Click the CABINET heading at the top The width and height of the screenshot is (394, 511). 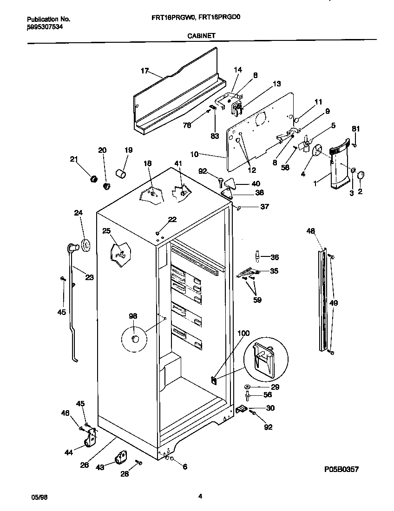coord(201,35)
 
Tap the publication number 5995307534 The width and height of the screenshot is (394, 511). coord(45,27)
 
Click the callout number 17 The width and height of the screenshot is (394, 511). coord(144,71)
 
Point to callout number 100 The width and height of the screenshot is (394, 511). coord(243,333)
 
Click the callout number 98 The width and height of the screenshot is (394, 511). coord(133,316)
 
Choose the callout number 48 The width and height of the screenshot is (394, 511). coord(311,230)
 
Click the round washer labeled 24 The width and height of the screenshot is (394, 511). coord(85,245)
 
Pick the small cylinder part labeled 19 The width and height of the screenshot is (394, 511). coord(121,174)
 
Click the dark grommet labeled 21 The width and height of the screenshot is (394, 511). coord(92,179)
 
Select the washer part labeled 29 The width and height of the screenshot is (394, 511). coord(247,387)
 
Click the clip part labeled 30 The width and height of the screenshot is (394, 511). coord(241,409)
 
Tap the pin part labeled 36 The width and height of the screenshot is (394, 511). coord(256,257)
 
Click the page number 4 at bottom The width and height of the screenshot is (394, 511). coord(200,496)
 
